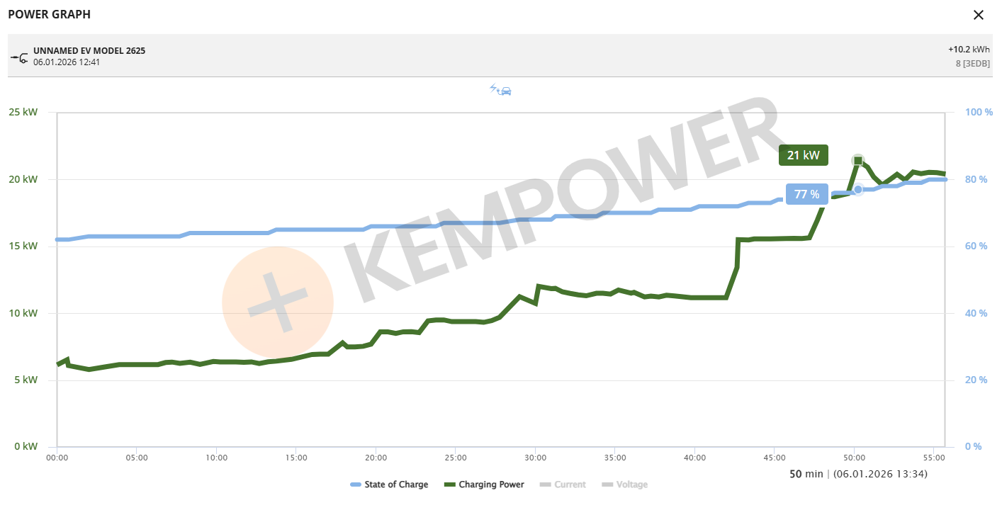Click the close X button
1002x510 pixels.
click(x=979, y=15)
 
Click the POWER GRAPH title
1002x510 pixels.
click(x=49, y=14)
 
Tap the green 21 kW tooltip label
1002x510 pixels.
click(x=804, y=155)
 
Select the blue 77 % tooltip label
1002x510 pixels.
click(x=806, y=194)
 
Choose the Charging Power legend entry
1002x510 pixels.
click(x=484, y=484)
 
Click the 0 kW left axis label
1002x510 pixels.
click(x=25, y=446)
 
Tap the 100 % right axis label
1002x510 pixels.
click(x=979, y=112)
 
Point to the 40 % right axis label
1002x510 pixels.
click(x=976, y=313)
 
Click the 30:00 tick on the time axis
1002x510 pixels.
click(x=536, y=458)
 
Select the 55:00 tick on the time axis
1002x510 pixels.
click(x=934, y=458)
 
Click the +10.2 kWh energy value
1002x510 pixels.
click(x=969, y=50)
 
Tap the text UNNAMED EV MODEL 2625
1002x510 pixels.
click(x=89, y=51)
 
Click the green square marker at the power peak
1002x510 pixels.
click(x=858, y=161)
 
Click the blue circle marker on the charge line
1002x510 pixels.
click(x=858, y=189)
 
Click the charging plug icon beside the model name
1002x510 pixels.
click(x=19, y=57)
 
